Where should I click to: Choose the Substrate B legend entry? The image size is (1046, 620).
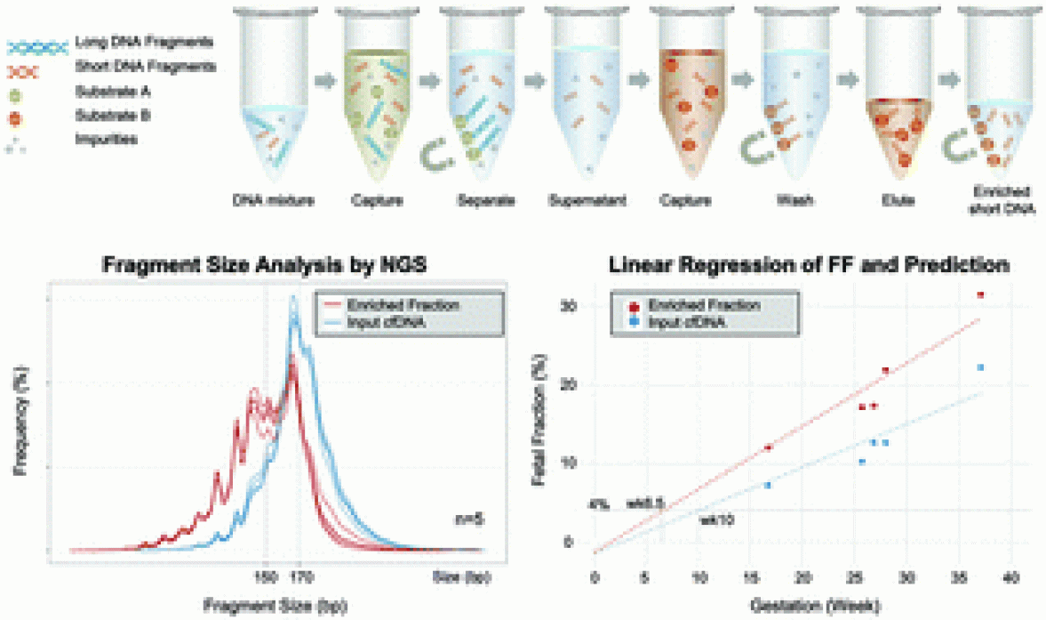click(109, 115)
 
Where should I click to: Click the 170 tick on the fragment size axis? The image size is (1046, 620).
click(302, 576)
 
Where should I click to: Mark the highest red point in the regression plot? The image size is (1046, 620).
click(980, 294)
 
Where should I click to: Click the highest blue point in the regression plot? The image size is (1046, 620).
click(980, 367)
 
